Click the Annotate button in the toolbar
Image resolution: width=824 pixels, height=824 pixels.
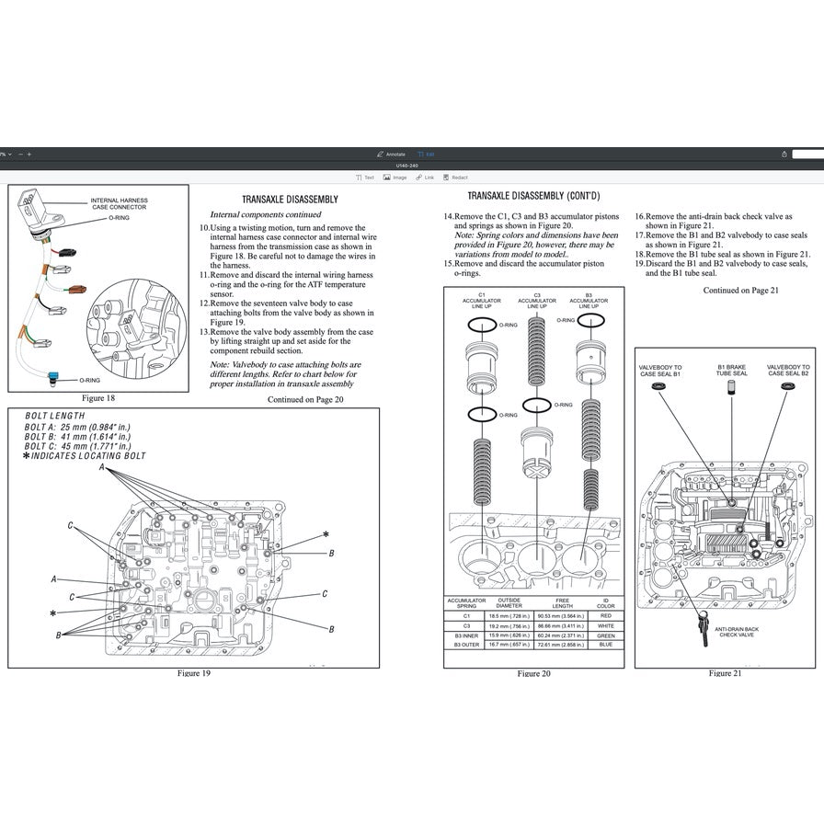point(391,154)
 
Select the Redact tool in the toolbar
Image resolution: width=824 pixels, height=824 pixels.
point(455,177)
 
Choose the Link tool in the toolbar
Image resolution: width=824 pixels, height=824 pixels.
point(426,177)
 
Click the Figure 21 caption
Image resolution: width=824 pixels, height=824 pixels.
point(726,673)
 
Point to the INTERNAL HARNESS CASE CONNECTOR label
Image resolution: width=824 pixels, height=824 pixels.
point(119,203)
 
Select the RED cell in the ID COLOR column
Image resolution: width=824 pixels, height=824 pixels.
point(606,615)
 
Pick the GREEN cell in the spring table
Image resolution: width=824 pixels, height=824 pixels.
point(606,635)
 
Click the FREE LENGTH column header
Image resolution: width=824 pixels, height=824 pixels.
point(562,603)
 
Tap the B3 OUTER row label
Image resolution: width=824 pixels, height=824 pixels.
point(466,645)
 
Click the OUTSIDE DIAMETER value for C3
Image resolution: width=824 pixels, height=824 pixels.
point(516,625)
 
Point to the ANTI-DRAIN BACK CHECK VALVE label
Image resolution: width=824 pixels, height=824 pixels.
point(737,632)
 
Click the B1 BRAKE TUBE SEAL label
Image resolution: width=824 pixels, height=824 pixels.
point(731,370)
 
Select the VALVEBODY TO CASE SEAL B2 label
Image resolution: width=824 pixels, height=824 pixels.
point(788,370)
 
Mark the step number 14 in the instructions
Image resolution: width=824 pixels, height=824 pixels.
point(448,216)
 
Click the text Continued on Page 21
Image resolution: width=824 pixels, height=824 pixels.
point(741,290)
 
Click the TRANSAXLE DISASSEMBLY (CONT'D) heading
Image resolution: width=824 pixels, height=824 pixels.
point(533,196)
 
